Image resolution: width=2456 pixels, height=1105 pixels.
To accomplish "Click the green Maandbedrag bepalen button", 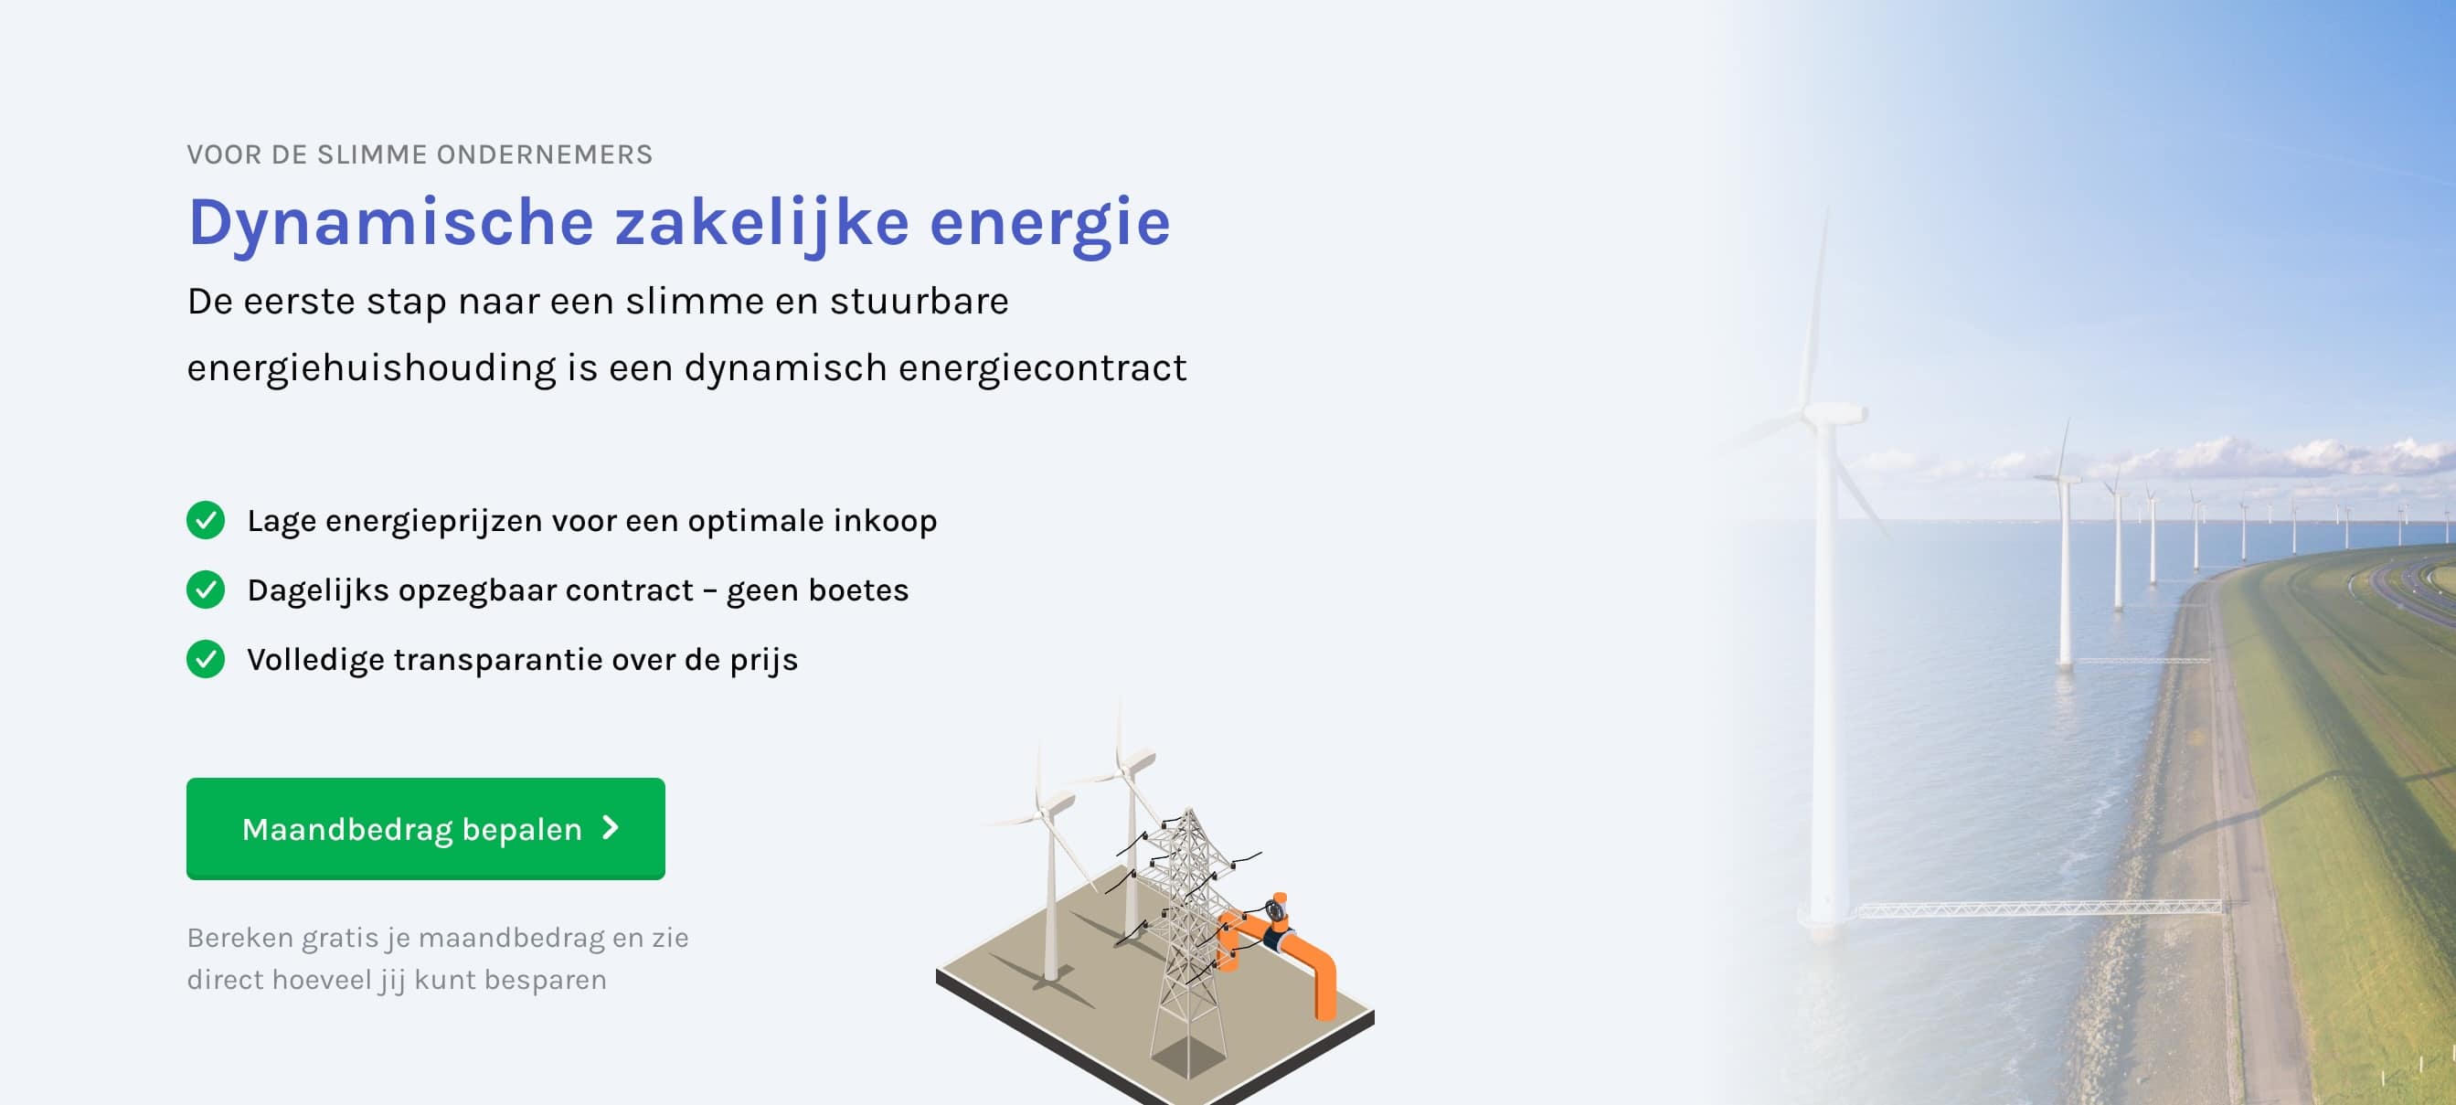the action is point(425,828).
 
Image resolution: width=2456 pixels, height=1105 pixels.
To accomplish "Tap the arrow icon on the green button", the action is point(611,827).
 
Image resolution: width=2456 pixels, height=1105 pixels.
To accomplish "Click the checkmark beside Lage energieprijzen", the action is point(206,521).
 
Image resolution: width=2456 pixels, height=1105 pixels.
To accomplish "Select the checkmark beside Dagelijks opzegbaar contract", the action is point(206,590).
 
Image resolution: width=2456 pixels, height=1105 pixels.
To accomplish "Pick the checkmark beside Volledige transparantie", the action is point(206,660).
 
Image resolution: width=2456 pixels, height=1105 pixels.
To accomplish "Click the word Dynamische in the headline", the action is point(392,223).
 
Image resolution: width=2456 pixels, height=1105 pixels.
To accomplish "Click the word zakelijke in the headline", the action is point(761,223).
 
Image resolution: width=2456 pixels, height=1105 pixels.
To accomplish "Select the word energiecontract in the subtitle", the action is point(1042,369).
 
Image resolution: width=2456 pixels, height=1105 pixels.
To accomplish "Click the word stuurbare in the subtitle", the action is point(920,302).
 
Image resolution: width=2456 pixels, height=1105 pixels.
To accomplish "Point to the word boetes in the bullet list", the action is point(858,590).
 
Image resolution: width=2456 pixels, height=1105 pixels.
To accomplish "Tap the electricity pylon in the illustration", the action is point(1186,944).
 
